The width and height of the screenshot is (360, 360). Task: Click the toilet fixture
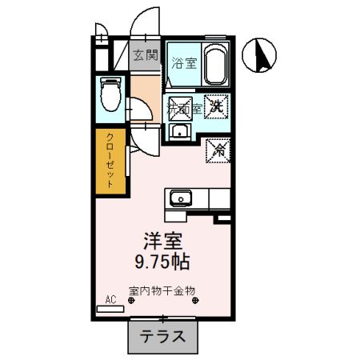[110, 95]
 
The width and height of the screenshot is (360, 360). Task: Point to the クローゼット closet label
[111, 160]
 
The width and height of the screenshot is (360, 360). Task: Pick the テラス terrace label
[162, 337]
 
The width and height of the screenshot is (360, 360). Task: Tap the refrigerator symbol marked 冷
[217, 149]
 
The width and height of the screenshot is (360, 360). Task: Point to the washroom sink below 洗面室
[180, 132]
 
